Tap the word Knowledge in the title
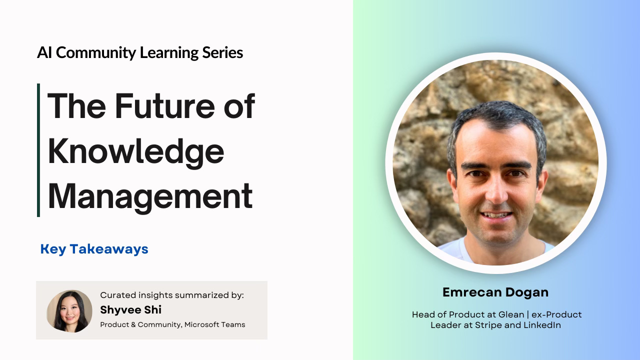pyautogui.click(x=136, y=152)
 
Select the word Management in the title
pyautogui.click(x=150, y=196)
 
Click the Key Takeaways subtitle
pyautogui.click(x=94, y=249)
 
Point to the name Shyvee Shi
pyautogui.click(x=130, y=310)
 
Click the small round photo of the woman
pyautogui.click(x=69, y=311)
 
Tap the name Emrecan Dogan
pyautogui.click(x=495, y=292)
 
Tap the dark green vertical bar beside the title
pyautogui.click(x=38, y=150)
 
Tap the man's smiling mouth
pyautogui.click(x=496, y=215)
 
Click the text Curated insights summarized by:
pyautogui.click(x=172, y=295)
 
